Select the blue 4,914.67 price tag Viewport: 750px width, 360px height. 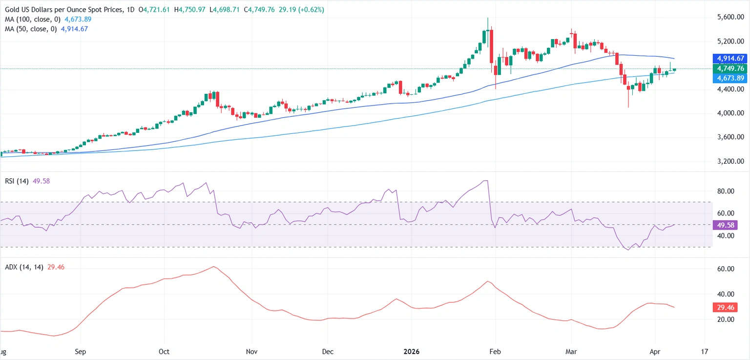click(730, 59)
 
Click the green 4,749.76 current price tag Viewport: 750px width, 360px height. click(730, 69)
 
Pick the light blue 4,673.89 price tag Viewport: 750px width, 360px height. click(730, 78)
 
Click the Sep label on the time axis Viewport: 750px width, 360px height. click(81, 352)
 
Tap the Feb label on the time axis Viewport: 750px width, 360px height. click(496, 352)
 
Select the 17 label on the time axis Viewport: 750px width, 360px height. click(705, 352)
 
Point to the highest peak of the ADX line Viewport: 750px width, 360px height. click(213, 267)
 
